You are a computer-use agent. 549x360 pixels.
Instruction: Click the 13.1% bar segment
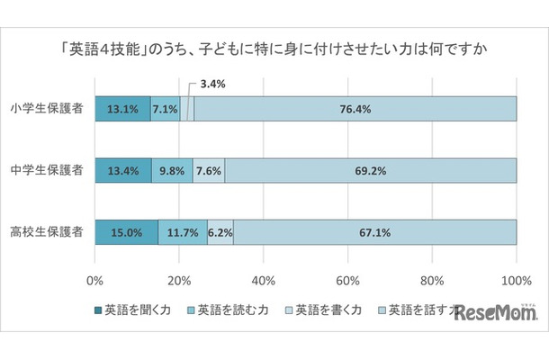point(122,109)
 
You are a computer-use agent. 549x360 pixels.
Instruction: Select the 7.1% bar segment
point(166,109)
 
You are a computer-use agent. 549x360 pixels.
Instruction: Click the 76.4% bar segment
point(355,109)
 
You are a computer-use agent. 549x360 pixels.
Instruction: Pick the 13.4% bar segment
point(122,170)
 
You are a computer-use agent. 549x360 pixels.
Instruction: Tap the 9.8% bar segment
point(172,170)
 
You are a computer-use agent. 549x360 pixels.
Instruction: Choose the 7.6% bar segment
point(209,170)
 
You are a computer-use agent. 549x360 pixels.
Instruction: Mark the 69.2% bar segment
point(371,170)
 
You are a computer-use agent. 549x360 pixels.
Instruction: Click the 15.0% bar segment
point(126,231)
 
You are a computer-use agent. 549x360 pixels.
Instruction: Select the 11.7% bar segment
point(183,231)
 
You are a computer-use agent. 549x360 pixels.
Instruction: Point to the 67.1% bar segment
point(375,231)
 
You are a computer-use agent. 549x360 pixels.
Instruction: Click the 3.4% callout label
point(212,84)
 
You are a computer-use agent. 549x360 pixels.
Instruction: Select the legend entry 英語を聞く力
point(135,309)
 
